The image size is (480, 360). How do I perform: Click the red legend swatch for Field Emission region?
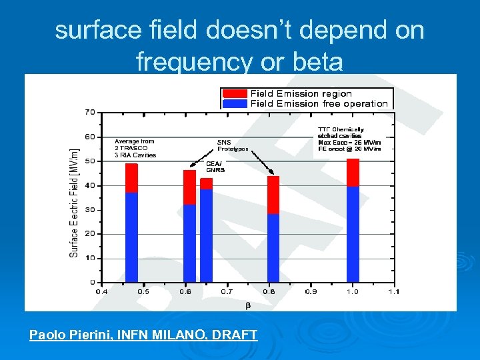235,93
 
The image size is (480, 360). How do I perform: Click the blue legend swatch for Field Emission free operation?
235,103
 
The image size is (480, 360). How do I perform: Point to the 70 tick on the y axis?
89,112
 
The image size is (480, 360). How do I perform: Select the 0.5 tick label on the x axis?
143,291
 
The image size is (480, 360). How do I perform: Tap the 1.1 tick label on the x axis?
393,291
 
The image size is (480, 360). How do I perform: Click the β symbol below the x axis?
248,305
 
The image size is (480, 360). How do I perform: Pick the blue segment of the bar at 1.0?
353,233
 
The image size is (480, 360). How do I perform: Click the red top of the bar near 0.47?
131,178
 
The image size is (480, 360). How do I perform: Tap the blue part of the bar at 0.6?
189,243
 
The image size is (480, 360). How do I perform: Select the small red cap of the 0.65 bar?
206,183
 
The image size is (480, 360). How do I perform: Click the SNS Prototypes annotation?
233,145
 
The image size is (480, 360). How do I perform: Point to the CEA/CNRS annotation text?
215,166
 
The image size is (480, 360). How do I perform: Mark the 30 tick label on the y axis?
89,209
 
